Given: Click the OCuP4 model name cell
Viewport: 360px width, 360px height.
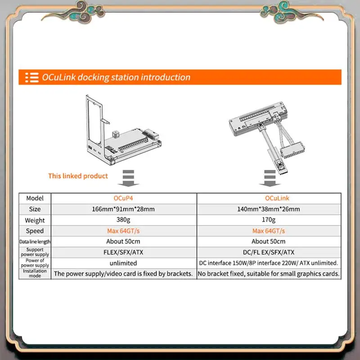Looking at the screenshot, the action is point(123,198).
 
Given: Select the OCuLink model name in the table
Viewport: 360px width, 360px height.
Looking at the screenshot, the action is point(277,198).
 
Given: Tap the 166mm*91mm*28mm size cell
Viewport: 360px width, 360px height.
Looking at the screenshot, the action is point(123,209).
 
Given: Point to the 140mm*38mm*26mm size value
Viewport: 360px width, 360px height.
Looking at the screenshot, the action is point(268,209).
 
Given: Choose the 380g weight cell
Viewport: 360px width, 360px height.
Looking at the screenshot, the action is point(123,220).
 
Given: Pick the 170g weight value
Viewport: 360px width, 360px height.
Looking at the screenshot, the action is point(268,220).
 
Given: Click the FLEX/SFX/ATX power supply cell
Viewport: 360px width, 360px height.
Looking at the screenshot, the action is point(123,252).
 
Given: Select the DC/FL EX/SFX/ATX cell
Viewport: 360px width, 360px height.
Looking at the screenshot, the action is point(268,252).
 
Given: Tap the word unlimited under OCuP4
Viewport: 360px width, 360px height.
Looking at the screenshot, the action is point(123,263).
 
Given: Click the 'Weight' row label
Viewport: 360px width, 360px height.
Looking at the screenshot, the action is point(35,220).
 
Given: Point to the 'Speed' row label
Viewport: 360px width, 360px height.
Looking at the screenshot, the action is point(35,231).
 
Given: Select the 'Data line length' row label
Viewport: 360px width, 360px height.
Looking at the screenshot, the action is point(35,242).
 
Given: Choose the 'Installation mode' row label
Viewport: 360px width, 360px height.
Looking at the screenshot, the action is point(35,273).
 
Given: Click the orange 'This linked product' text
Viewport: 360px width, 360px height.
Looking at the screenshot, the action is point(78,176).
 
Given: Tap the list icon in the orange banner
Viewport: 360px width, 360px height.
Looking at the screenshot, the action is point(31,77).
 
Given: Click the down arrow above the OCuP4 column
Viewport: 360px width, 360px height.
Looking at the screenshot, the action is point(128,178).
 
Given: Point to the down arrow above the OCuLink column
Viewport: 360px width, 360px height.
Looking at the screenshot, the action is point(270,178).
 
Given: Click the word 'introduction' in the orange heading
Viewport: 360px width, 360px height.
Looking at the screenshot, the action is point(166,77).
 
